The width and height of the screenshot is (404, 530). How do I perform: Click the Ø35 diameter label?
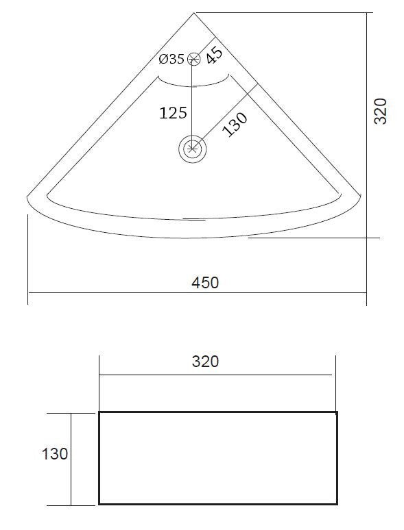point(171,59)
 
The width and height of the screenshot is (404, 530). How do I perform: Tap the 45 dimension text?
point(215,55)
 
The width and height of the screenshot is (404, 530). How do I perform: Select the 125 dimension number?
point(173,113)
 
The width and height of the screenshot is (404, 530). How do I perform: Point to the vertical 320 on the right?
point(380,111)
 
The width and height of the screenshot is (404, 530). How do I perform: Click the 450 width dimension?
point(205,283)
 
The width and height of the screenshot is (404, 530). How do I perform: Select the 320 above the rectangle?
point(205,362)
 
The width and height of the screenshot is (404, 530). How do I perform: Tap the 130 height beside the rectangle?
point(55,454)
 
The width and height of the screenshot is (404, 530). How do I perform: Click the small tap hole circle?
point(194,59)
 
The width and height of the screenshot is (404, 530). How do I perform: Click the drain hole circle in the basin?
point(193,148)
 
